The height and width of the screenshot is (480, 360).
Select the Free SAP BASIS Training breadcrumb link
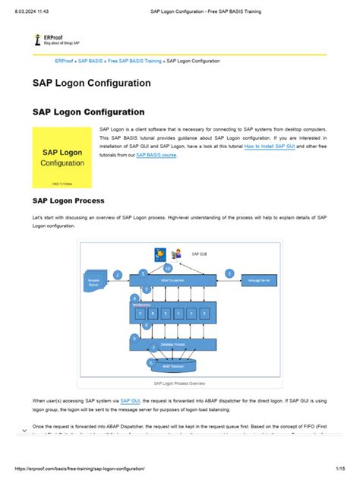pos(134,60)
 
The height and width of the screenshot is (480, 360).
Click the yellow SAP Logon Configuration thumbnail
pos(62,157)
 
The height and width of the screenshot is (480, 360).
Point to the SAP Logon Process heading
pos(68,201)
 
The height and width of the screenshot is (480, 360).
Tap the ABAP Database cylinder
pos(172,366)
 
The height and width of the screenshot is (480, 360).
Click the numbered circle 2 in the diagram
pos(117,274)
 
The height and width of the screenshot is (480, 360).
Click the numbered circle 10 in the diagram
pos(167,268)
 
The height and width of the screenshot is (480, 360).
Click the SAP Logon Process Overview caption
pos(179,384)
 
